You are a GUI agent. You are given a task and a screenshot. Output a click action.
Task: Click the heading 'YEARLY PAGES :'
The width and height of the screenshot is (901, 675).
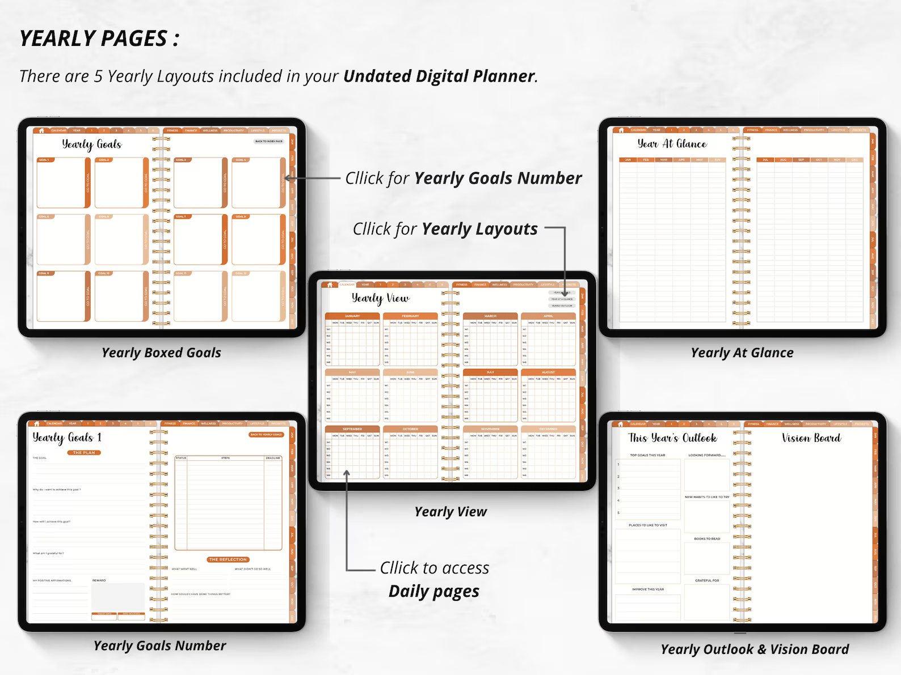[99, 39]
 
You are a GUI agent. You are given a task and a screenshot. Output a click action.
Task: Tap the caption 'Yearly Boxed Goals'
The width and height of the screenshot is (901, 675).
[161, 353]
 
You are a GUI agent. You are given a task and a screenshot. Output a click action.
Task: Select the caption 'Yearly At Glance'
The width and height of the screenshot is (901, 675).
[742, 353]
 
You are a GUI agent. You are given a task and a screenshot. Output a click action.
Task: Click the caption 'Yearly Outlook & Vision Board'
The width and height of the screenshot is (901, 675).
[755, 649]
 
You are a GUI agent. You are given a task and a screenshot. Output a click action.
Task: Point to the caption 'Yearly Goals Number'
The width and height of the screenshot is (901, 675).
[159, 646]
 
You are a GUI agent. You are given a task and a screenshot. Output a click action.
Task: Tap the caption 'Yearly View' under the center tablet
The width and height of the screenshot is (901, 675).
[450, 512]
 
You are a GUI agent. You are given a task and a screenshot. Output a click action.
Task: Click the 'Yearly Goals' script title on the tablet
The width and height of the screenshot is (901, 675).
[92, 144]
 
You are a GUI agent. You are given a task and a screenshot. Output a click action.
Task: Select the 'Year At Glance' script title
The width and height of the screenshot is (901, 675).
[672, 144]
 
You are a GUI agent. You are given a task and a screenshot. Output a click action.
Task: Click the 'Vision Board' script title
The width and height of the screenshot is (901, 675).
[811, 438]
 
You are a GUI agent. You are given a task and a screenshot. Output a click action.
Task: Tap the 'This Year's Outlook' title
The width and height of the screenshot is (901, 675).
[672, 438]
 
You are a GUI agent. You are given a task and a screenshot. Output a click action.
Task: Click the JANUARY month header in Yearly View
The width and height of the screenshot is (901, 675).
[352, 316]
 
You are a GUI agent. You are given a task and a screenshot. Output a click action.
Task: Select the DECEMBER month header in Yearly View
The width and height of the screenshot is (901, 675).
[548, 429]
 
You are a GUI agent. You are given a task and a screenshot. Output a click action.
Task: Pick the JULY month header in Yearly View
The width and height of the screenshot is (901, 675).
[490, 372]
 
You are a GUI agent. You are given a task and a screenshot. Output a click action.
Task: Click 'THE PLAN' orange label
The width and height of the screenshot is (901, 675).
[84, 453]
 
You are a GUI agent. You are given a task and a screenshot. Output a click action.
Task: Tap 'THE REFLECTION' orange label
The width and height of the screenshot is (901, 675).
[228, 559]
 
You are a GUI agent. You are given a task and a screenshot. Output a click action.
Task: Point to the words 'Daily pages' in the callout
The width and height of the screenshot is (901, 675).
[433, 592]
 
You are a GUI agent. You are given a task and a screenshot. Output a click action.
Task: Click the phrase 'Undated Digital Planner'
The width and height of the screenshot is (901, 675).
[439, 76]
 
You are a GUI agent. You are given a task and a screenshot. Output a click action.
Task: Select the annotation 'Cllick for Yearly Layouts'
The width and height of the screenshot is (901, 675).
[445, 229]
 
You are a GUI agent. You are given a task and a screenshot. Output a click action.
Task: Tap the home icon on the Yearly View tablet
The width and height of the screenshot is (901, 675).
[330, 285]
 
